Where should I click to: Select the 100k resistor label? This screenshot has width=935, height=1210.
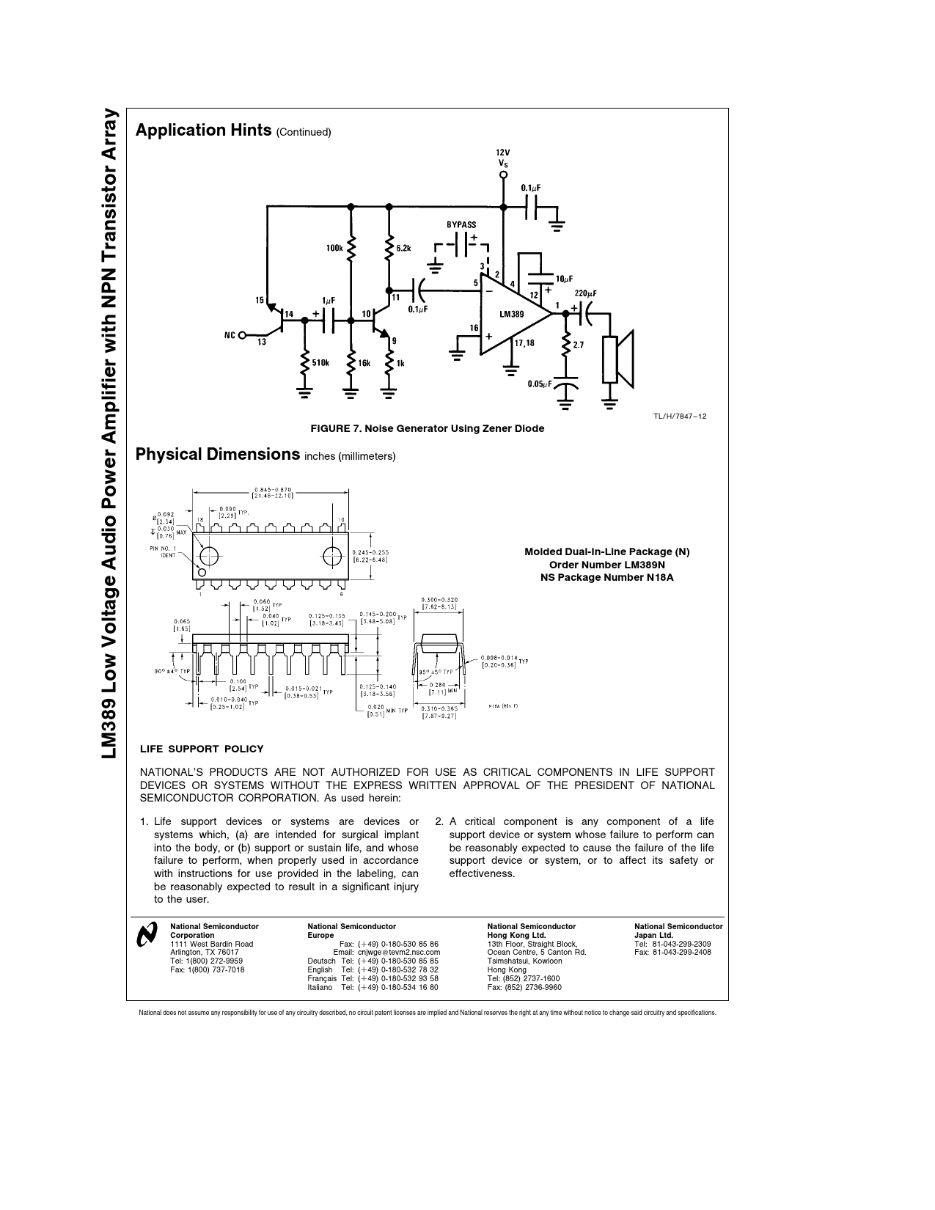(x=334, y=249)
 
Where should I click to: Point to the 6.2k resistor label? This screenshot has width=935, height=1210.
(x=403, y=249)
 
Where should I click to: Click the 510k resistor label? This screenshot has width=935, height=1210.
(x=321, y=362)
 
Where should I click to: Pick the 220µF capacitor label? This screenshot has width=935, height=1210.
(x=587, y=293)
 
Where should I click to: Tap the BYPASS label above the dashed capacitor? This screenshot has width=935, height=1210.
(x=461, y=224)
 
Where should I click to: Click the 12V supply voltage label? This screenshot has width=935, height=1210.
(x=502, y=151)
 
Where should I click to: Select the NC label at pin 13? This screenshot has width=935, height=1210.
(x=230, y=335)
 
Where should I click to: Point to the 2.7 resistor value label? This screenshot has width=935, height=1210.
(x=579, y=344)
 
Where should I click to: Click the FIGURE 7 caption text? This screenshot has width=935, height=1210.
(x=428, y=428)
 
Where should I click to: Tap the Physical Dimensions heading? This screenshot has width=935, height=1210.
(x=218, y=454)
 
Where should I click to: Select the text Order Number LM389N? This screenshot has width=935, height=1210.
(x=606, y=565)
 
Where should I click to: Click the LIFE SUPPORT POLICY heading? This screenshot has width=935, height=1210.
(x=202, y=749)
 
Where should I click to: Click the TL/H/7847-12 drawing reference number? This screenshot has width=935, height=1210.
(x=680, y=416)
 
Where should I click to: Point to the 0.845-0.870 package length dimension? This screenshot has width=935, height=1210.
(x=272, y=492)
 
